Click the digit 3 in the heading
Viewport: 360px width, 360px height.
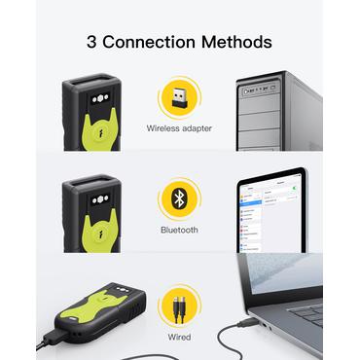(x=91, y=42)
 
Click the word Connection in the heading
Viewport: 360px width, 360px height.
(x=149, y=42)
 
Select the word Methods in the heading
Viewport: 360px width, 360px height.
(x=236, y=42)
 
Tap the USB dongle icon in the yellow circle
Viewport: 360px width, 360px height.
(x=179, y=97)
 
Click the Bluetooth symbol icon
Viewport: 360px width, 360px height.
(x=179, y=199)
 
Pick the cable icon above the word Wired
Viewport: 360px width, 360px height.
(x=179, y=309)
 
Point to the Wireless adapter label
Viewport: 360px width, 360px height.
(x=179, y=128)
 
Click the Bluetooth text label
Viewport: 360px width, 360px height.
(x=179, y=230)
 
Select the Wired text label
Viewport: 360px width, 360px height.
(x=179, y=337)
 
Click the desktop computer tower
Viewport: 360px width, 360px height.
(x=279, y=111)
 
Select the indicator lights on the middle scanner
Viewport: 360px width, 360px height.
(x=100, y=199)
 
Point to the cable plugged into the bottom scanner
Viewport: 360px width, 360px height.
(x=49, y=340)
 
